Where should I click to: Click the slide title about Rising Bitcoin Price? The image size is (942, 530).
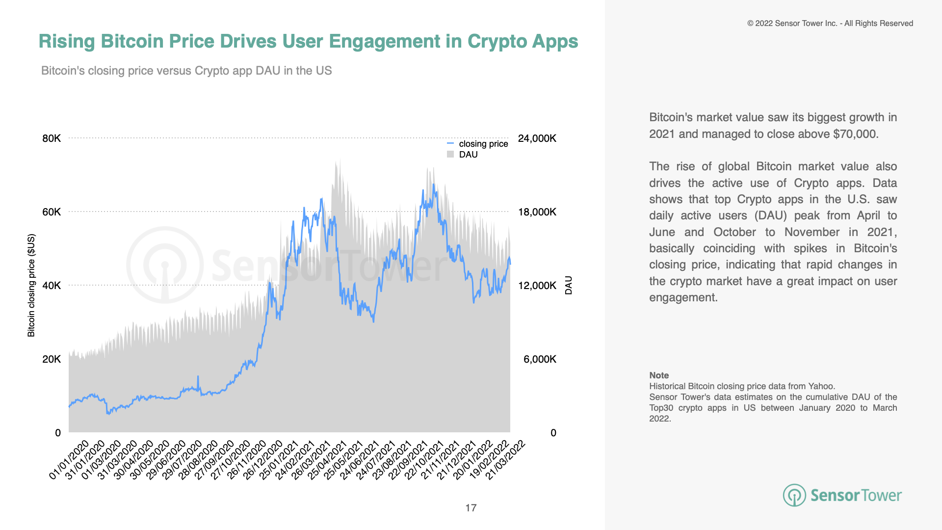coord(308,41)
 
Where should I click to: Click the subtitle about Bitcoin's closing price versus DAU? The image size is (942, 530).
coord(186,71)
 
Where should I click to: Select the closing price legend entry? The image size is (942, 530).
coord(483,144)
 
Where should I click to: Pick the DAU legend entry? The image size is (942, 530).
coord(468,155)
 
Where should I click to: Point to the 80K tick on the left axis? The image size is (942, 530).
coord(52,138)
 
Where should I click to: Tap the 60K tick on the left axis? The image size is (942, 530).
coord(52,212)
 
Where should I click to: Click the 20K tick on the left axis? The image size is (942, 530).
coord(52,359)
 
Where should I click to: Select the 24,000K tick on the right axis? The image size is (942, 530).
coord(537,138)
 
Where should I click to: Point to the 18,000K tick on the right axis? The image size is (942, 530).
coord(537,212)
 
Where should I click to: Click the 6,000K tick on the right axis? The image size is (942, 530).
coord(540,359)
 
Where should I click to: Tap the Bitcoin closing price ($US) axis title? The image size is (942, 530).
coord(31,285)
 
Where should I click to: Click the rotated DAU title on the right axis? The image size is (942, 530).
coord(569,285)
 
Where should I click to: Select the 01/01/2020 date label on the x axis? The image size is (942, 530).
coord(70,460)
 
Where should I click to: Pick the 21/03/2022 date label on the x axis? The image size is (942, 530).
coord(505,460)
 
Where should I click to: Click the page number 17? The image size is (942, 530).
coord(471,508)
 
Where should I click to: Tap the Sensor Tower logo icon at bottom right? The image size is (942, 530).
coord(794,495)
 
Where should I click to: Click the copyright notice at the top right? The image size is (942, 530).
coord(830,24)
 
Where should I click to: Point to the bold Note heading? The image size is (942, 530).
coord(659,375)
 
